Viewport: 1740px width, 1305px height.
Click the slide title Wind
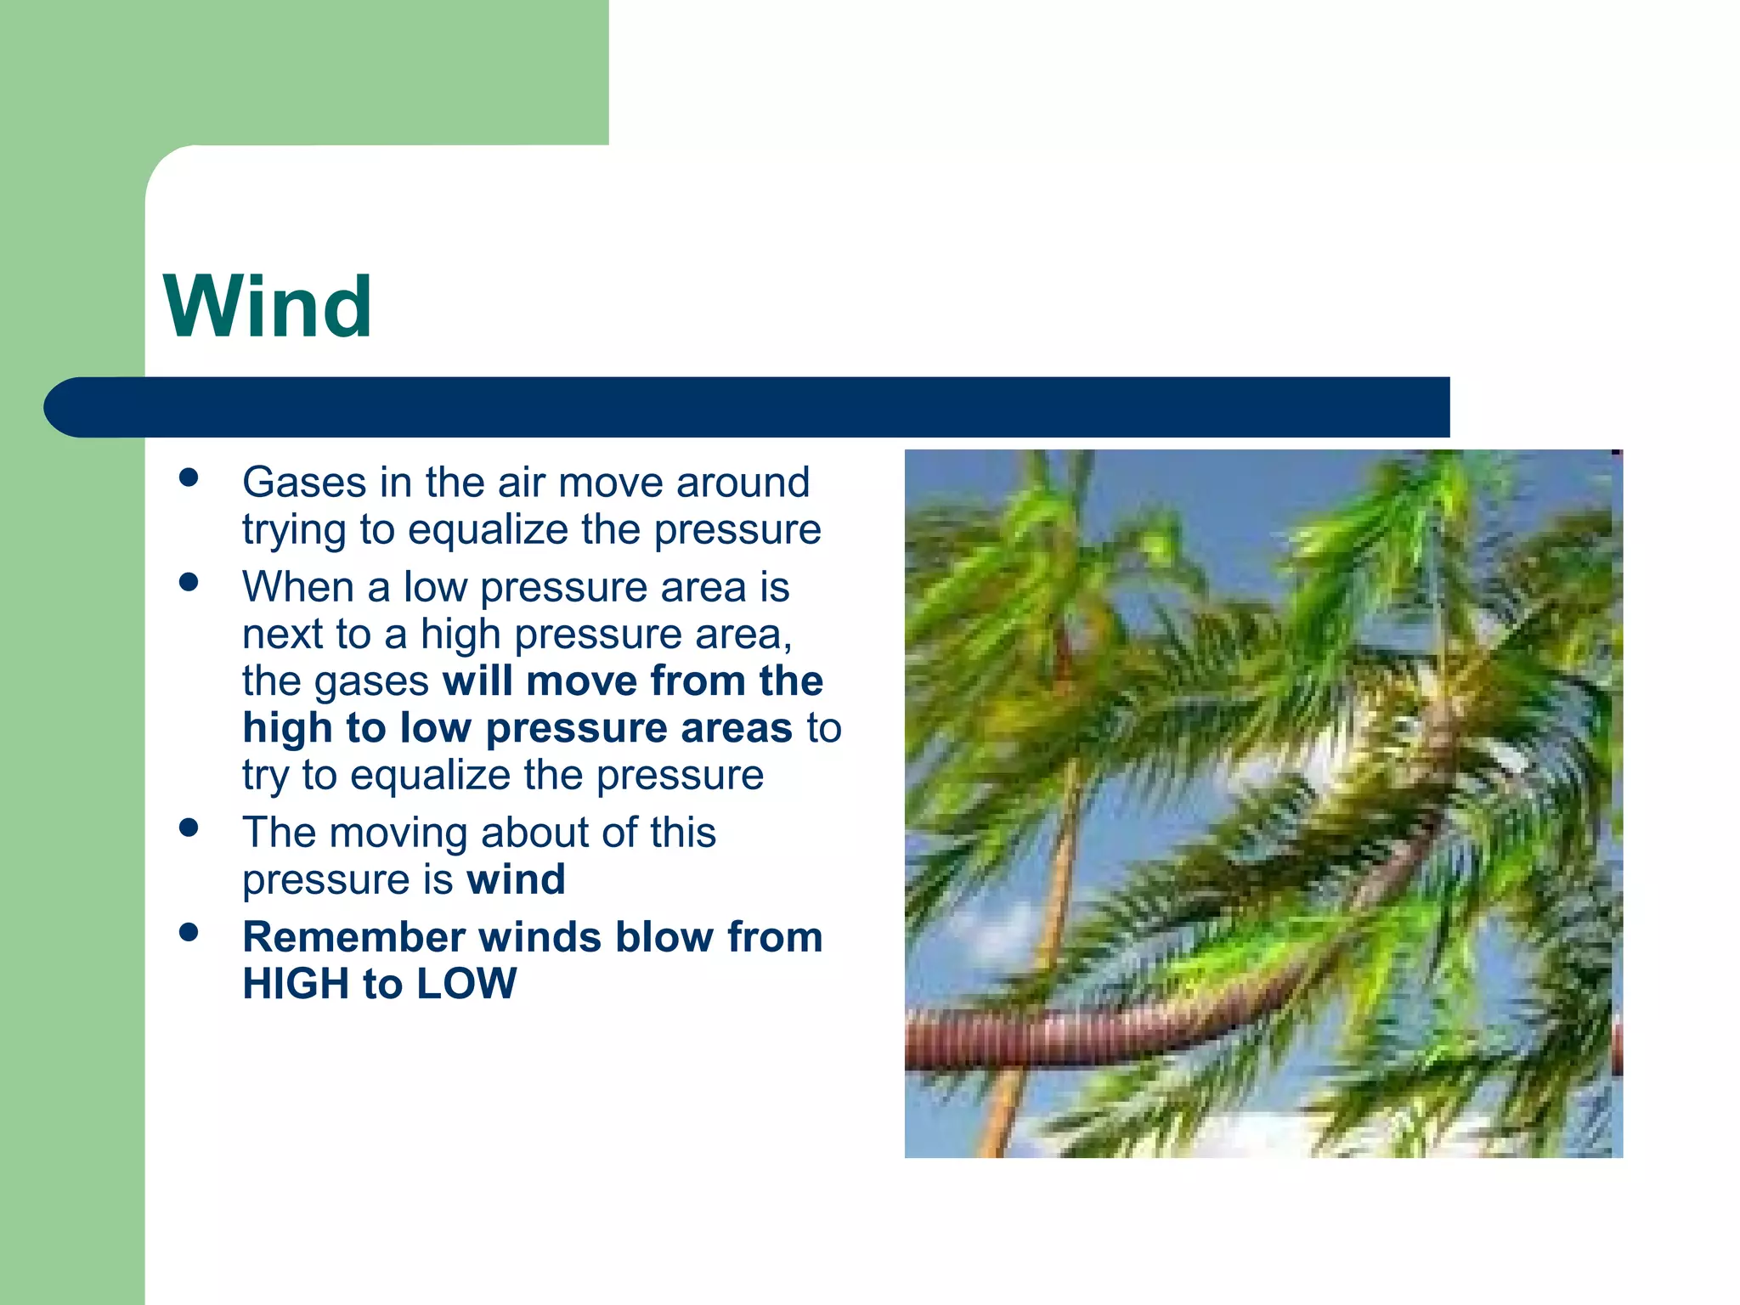click(268, 307)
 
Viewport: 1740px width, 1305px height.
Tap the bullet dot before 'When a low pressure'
click(189, 582)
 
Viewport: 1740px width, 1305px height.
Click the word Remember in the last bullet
click(353, 937)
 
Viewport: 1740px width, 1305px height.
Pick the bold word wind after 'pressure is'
click(516, 879)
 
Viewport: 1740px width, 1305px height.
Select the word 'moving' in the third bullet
click(398, 833)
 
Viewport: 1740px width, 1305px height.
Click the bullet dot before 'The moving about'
click(189, 828)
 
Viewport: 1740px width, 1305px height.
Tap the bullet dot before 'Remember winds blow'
click(189, 933)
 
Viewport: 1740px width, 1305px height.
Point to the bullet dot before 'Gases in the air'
click(189, 477)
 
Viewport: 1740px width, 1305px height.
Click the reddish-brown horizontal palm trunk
click(1062, 1038)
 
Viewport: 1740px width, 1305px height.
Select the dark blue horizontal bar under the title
click(748, 407)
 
